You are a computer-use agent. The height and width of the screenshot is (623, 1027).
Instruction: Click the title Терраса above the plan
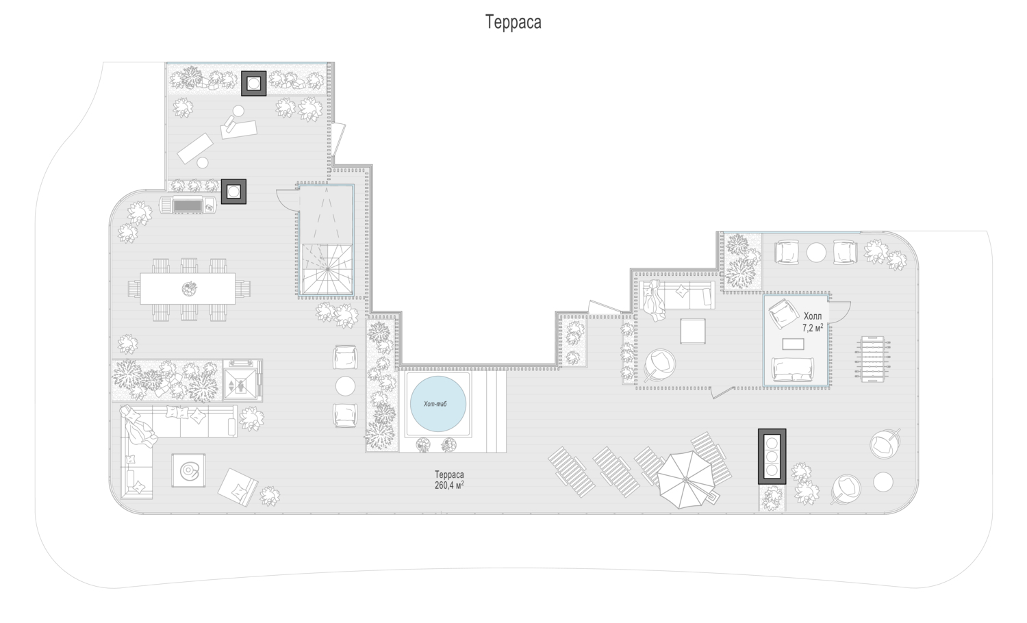tap(513, 22)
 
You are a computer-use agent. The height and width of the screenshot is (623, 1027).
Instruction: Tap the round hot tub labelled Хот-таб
tap(438, 404)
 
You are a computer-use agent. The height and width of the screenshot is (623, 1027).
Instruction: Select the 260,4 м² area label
tap(449, 485)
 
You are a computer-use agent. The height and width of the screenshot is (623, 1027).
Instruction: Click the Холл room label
tap(813, 316)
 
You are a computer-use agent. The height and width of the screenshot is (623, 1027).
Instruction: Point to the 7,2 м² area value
tap(813, 328)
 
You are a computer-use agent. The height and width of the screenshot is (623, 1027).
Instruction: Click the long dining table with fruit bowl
tap(188, 289)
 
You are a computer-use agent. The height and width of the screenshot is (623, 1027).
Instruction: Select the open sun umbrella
tap(685, 479)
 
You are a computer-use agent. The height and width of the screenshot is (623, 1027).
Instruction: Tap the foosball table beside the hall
tap(872, 359)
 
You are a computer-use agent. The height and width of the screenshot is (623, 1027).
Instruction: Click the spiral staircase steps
tap(327, 269)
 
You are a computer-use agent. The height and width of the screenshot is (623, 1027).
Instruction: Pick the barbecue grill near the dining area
tap(188, 205)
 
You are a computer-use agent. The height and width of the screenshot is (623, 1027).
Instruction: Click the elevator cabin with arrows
tap(241, 380)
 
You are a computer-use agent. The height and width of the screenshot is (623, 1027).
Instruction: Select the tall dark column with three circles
tap(772, 456)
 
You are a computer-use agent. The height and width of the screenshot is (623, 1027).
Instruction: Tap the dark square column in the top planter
tap(254, 84)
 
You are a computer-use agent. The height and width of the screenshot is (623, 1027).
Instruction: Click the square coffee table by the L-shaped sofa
tap(188, 470)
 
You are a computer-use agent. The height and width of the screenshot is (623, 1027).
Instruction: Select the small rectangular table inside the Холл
tap(793, 344)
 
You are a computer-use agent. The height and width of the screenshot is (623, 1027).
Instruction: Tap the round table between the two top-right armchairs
tap(816, 253)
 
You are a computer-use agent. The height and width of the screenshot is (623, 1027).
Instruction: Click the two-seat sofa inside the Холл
tap(793, 370)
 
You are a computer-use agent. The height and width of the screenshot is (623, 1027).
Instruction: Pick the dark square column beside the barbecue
tap(234, 191)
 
